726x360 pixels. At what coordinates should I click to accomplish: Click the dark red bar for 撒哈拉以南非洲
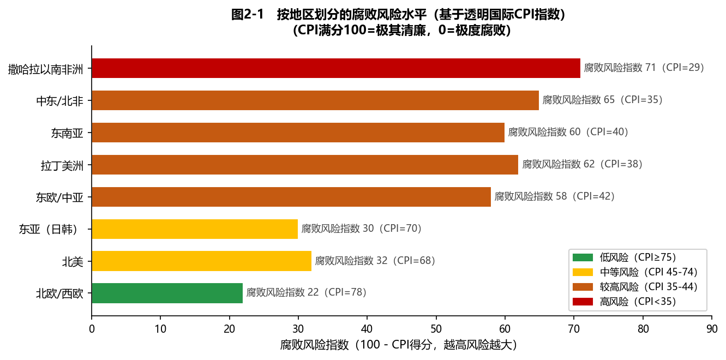click(335, 68)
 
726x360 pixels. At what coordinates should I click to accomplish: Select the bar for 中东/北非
click(315, 100)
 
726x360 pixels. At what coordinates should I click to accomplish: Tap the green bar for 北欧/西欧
click(167, 293)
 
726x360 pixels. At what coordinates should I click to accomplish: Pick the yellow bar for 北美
click(201, 261)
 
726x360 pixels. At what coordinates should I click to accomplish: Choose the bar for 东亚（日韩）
click(195, 229)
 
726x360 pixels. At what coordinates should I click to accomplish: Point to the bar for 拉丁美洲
click(304, 164)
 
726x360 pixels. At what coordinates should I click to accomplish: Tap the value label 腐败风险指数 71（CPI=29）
click(644, 68)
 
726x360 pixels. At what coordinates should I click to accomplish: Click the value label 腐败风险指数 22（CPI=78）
click(307, 292)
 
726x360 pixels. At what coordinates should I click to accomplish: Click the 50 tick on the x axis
click(436, 329)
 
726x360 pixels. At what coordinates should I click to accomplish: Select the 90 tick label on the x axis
click(711, 329)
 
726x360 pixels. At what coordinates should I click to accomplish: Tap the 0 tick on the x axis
click(92, 329)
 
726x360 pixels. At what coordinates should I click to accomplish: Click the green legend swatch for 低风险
click(582, 257)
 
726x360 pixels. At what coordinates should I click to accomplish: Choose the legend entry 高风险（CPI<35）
click(638, 301)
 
